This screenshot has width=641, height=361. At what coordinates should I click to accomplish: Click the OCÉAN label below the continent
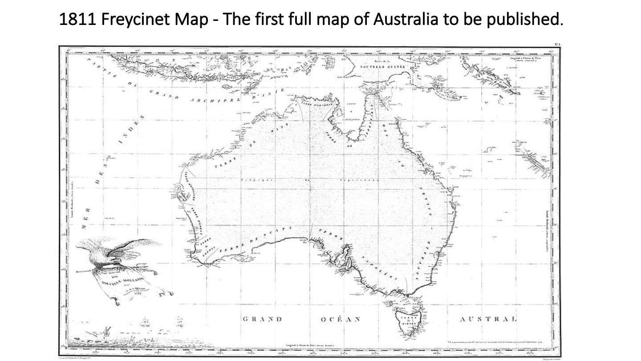coord(341,319)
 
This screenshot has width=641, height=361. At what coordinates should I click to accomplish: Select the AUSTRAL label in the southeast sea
coord(488,319)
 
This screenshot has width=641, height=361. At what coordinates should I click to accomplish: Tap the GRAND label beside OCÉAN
coord(263,319)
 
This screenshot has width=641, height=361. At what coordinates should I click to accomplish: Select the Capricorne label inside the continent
coord(358,180)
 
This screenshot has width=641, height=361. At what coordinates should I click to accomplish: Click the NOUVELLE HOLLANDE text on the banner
coord(122,281)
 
